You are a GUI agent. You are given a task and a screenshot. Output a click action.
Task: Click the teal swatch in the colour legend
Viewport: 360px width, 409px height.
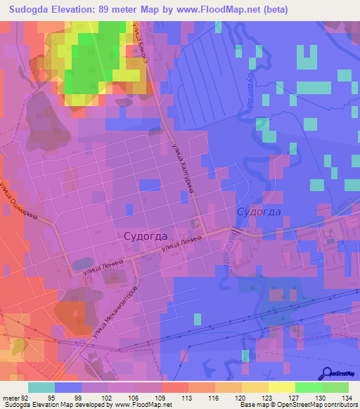coord(41,387)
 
